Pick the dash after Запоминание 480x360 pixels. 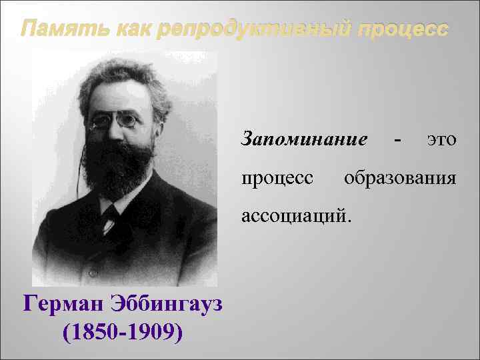point(398,141)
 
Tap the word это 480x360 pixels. point(441,141)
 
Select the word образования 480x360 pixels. point(400,179)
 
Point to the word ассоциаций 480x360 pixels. point(295,217)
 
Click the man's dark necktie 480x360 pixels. point(109,217)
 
